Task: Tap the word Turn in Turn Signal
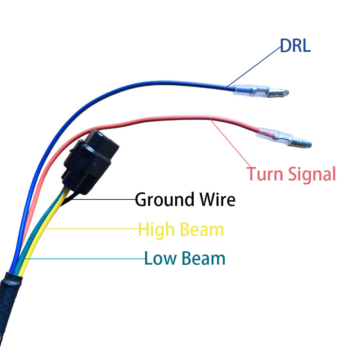coord(265,174)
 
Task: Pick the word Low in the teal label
coord(160,258)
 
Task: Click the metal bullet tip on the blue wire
coord(279,94)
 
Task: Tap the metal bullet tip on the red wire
coord(301,143)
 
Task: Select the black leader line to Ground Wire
coord(104,199)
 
